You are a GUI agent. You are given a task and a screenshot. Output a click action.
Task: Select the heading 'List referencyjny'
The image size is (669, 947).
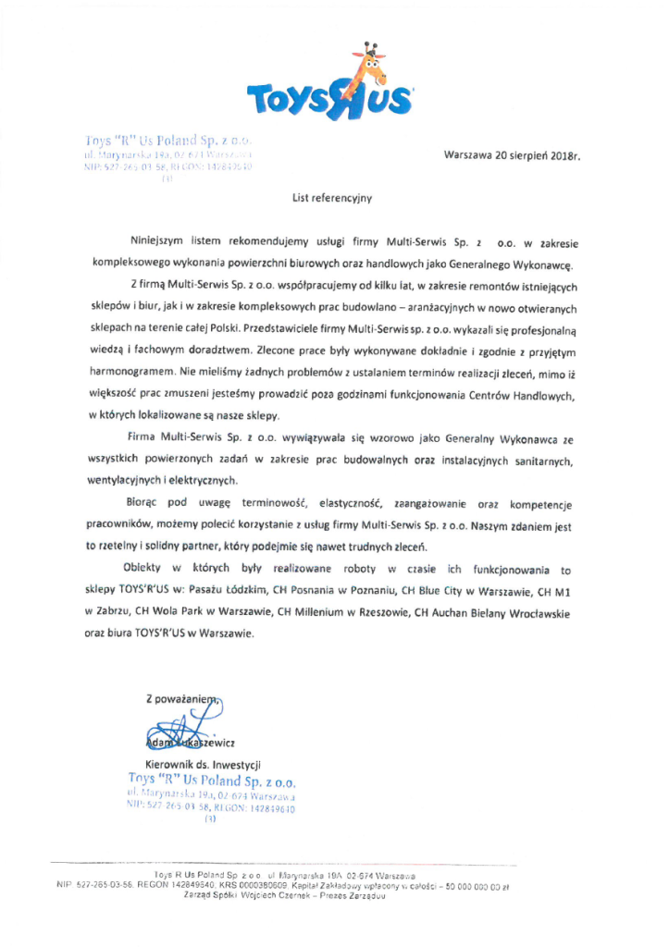pos(330,197)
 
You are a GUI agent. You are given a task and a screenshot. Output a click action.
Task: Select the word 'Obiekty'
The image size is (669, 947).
pos(149,570)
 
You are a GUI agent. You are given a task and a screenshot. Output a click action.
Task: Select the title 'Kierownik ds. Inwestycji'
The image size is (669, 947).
pos(198,766)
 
